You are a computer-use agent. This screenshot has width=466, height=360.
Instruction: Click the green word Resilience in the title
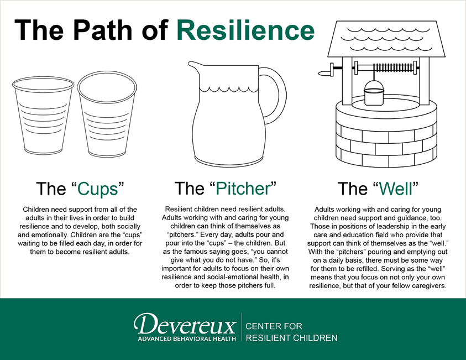point(245,30)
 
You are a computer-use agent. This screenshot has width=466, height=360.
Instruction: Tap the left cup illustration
point(43,116)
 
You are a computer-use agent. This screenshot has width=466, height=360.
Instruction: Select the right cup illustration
point(107,114)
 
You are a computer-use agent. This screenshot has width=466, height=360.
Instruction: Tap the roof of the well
point(386,39)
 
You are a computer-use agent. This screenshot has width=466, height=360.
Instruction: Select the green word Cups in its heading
point(98,189)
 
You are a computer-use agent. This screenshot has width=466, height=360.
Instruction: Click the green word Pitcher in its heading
point(243,188)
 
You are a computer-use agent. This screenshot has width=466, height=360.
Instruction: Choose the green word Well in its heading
point(396,188)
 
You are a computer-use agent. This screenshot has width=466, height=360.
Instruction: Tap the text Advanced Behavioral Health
point(187,338)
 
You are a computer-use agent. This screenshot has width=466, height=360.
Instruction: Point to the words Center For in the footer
point(274,326)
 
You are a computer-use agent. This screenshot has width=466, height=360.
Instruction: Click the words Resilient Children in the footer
point(291,338)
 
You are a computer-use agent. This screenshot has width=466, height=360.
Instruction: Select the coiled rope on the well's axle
point(393,68)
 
